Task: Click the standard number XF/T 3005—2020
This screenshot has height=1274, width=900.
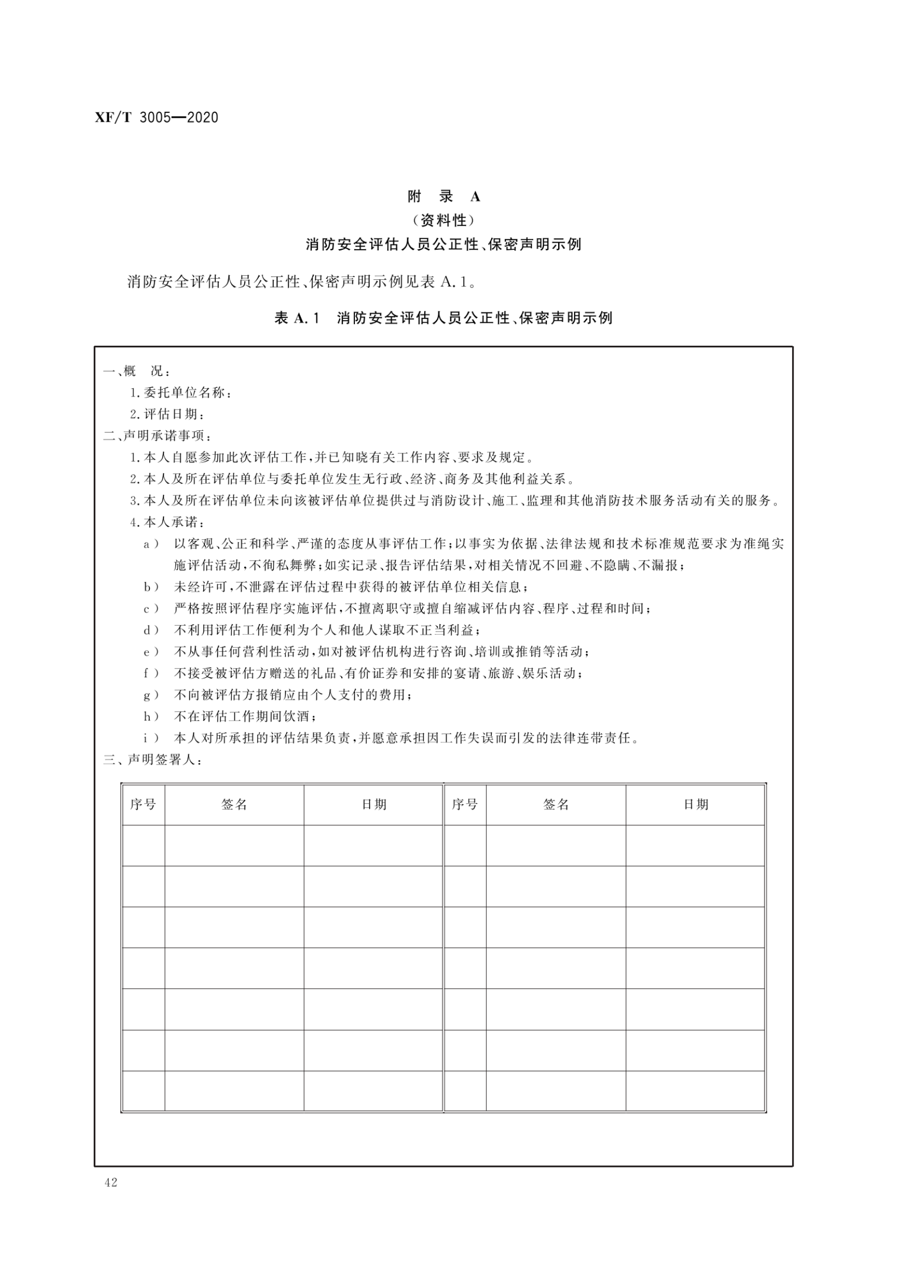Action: coord(157,118)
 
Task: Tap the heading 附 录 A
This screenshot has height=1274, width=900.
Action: coord(444,196)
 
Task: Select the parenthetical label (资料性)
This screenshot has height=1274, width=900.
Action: coord(444,220)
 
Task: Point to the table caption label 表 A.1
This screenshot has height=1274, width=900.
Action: coord(298,318)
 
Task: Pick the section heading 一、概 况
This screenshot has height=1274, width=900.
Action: coord(136,371)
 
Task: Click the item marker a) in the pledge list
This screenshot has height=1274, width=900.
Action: coord(152,544)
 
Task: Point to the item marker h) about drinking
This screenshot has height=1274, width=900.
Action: coord(152,717)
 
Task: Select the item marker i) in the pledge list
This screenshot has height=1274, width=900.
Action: coord(152,738)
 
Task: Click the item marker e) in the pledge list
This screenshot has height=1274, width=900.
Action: coord(152,652)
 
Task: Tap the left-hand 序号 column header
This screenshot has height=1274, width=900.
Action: coord(143,804)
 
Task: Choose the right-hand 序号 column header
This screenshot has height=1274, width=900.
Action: coord(464,804)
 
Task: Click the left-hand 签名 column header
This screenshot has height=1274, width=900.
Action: coord(234,804)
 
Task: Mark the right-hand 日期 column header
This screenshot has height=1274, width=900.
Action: coord(696,804)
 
